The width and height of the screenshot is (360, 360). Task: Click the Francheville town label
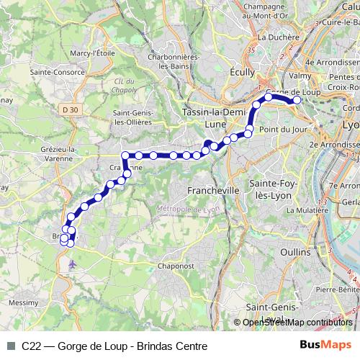212,190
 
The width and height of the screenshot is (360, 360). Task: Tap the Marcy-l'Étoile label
94,52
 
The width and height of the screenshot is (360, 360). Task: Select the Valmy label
299,73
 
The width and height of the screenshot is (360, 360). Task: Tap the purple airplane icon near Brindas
71,264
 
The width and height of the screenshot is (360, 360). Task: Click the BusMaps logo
325,346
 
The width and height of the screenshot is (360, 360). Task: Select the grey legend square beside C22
10,346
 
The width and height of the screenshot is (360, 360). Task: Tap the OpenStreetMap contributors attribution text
297,322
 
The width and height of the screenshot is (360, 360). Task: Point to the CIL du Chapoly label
125,86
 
